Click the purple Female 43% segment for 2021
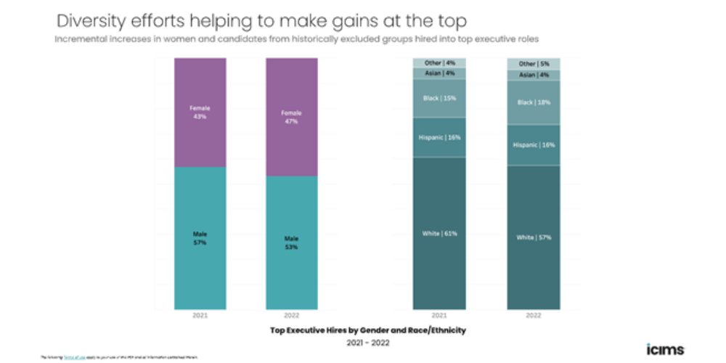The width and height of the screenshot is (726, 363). (200, 113)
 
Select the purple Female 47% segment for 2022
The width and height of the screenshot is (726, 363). (291, 117)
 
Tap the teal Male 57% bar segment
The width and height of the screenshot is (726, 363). (200, 238)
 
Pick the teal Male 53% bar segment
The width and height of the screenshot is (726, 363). (291, 242)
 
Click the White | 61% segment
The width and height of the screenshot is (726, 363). (439, 233)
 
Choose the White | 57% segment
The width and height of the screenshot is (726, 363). (533, 237)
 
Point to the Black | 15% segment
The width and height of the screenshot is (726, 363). (439, 98)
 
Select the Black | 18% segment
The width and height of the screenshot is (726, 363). (533, 102)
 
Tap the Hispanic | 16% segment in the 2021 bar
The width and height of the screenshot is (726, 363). (439, 136)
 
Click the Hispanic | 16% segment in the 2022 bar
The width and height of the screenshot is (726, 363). (533, 144)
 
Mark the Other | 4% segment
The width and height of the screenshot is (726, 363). (439, 62)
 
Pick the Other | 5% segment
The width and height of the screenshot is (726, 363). (533, 63)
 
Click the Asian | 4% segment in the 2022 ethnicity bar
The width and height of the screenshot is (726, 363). (533, 75)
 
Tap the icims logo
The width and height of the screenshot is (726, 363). (664, 348)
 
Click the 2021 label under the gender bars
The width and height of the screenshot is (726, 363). (200, 316)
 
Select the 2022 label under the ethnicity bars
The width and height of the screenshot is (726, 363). (533, 316)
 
